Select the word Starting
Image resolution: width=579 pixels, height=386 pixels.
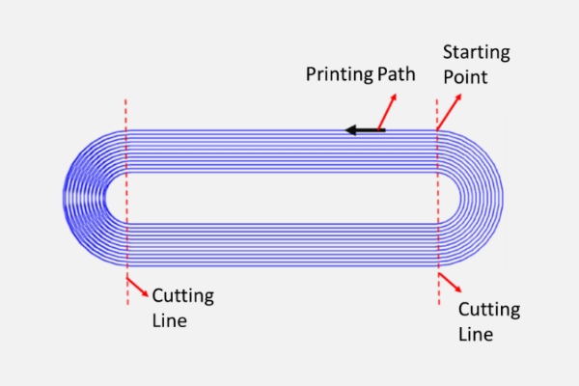coord(476,52)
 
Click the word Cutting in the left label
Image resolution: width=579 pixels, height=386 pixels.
coord(182,295)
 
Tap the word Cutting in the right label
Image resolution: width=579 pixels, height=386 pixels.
coord(488,310)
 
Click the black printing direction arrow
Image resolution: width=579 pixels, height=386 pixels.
coord(367,130)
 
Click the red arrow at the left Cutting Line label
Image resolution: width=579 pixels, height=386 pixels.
coord(137,287)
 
